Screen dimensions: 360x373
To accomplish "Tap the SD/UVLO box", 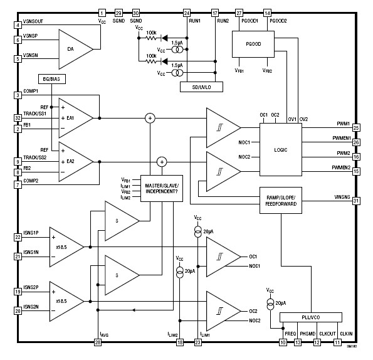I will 199,87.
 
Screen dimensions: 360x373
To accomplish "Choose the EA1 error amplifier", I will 75,117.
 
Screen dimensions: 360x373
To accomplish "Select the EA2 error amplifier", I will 75,161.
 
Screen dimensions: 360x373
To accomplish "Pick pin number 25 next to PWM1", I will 356,127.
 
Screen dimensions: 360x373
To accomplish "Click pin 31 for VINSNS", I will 356,201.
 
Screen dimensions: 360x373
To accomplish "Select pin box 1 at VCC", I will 102,13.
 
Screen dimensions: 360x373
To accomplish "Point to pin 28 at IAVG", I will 98,342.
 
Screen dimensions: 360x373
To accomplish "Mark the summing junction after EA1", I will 150,117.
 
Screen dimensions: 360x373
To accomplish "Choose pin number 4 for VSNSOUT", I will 18,25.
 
